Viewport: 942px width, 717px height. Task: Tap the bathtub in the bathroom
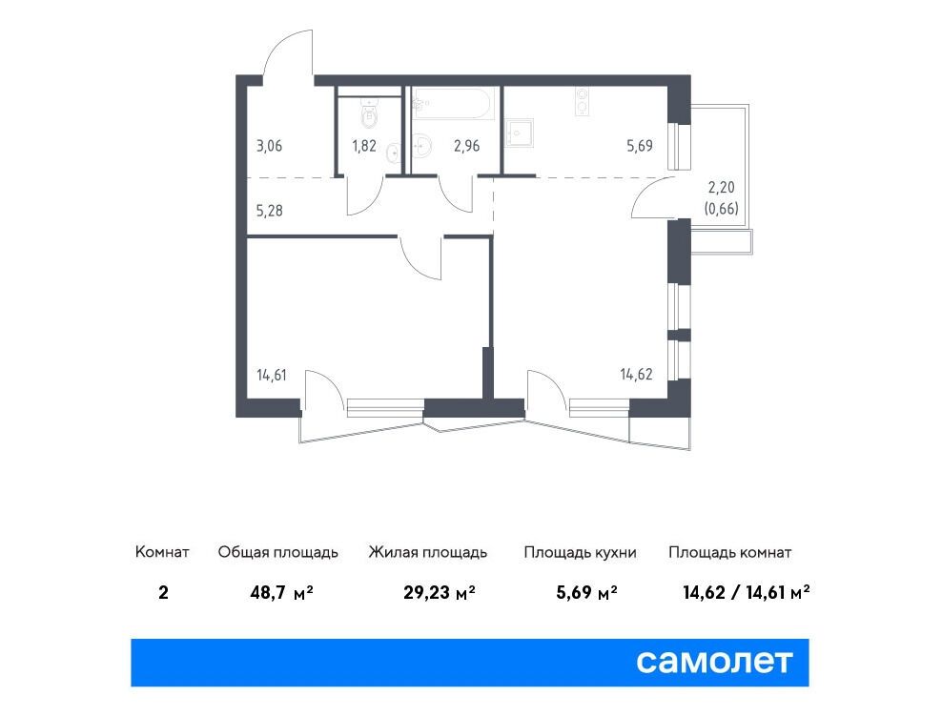pos(454,103)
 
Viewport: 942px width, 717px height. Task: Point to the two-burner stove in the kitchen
pos(582,101)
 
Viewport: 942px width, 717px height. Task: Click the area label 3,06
pos(269,146)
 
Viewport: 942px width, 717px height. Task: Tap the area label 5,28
pos(269,211)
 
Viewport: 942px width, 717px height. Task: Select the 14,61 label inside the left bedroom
pos(272,375)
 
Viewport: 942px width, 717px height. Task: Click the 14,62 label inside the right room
pos(636,375)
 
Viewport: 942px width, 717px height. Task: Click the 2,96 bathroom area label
pos(467,146)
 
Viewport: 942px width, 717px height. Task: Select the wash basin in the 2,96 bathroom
pos(424,144)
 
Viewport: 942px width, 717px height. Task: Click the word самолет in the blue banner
pos(714,662)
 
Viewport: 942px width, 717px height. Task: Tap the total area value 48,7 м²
pos(282,593)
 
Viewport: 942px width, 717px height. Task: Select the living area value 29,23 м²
pos(440,593)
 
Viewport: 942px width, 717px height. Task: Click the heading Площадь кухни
pos(580,552)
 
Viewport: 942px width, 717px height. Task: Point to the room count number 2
pos(163,593)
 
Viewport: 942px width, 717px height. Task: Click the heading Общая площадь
pos(278,552)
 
